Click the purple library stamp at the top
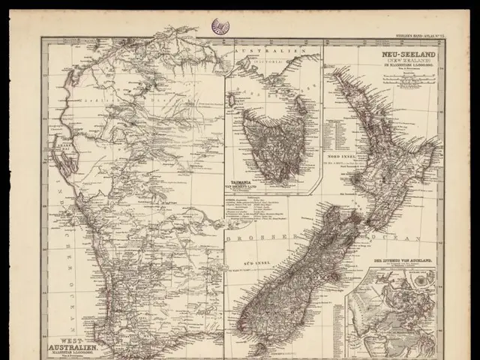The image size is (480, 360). pos(220,25)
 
